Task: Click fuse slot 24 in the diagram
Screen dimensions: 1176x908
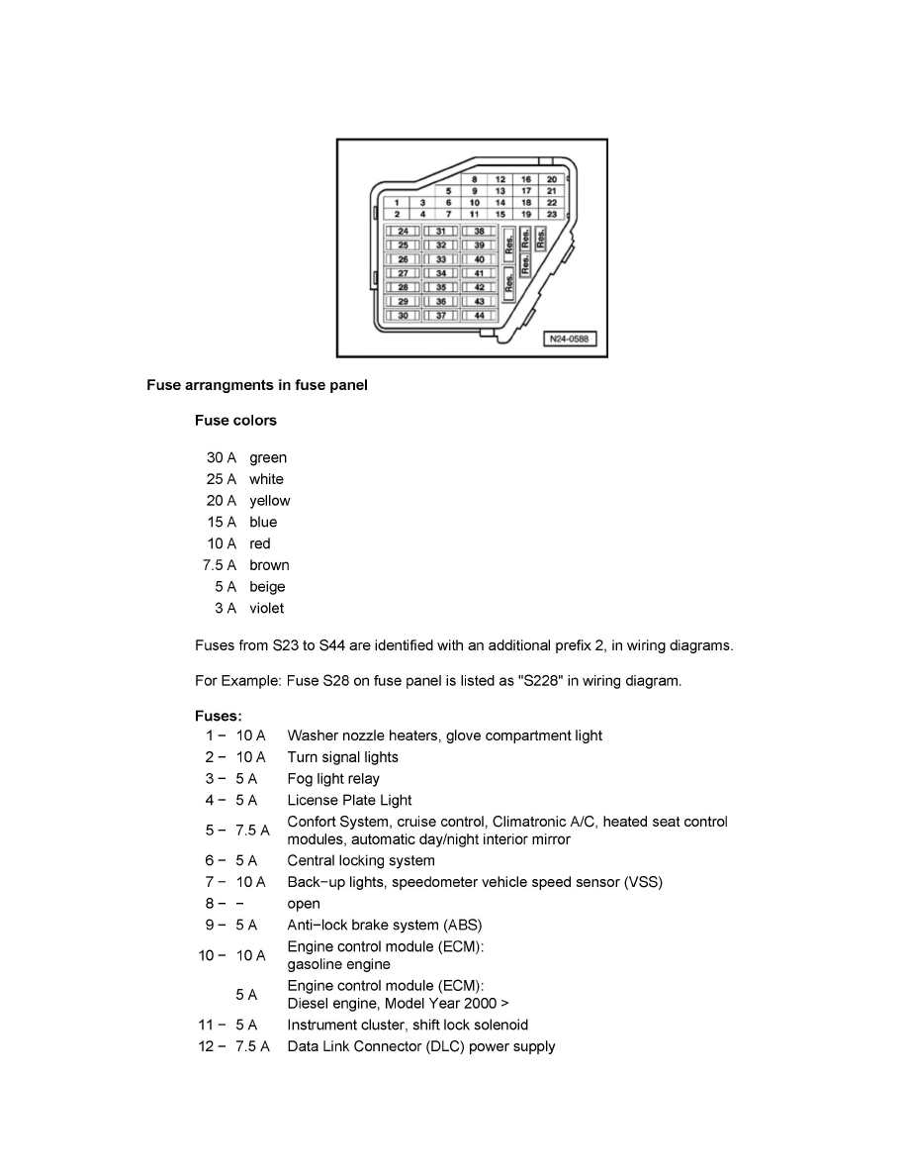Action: point(403,231)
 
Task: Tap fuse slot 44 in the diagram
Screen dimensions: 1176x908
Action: point(479,316)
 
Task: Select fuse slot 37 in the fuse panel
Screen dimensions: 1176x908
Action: point(441,316)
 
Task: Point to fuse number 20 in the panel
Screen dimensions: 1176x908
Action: point(552,179)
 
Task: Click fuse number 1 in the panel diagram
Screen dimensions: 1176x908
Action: point(397,202)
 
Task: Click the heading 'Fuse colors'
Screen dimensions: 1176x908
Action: point(235,420)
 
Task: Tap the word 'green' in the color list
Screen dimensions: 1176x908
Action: point(268,457)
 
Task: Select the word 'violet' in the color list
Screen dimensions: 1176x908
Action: point(266,608)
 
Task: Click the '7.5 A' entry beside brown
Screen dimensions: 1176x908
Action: point(220,565)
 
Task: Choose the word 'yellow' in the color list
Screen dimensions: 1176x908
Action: point(270,501)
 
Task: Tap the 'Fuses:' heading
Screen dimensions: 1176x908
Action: point(218,715)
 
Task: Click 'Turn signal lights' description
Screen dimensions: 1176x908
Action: point(343,757)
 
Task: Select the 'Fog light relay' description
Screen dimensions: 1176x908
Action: point(333,779)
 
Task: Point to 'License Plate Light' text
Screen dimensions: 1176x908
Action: point(349,800)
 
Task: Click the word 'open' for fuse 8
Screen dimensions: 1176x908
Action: point(304,904)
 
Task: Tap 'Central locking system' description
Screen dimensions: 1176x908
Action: point(361,860)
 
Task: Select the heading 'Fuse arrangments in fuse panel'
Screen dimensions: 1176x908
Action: point(257,385)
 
